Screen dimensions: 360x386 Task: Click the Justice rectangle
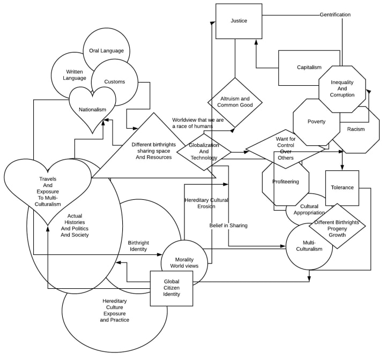[x=239, y=21]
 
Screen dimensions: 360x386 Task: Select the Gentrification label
[x=335, y=14]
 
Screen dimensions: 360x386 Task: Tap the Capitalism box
[x=309, y=67]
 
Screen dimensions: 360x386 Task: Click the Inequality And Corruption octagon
[x=342, y=89]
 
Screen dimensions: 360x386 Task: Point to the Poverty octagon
[x=316, y=122]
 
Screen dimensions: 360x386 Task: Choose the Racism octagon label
[x=355, y=129]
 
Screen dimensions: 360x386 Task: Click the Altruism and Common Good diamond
[x=235, y=102]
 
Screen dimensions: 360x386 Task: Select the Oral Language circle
[x=106, y=51]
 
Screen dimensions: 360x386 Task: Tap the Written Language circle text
[x=75, y=74]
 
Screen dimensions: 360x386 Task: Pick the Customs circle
[x=115, y=82]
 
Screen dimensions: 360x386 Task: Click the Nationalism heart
[x=93, y=109]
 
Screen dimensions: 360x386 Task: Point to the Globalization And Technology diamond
[x=204, y=152]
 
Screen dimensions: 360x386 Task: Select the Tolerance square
[x=342, y=187]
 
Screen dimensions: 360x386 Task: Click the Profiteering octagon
[x=285, y=182]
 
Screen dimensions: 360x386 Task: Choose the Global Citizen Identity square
[x=172, y=288]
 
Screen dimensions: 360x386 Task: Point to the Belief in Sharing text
[x=228, y=226]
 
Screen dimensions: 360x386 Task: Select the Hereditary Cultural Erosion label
[x=206, y=203]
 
